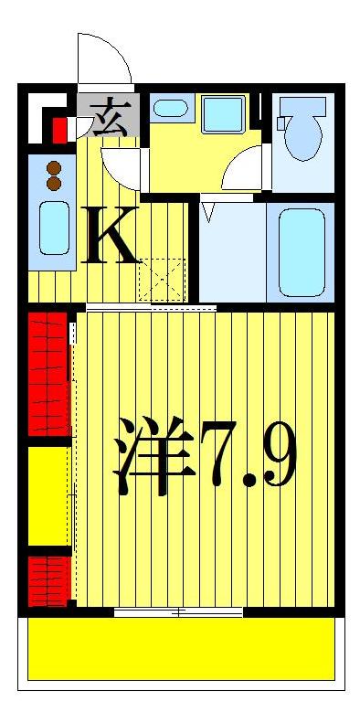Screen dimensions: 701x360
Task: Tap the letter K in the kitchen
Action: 111,235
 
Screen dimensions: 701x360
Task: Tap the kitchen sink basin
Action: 53,228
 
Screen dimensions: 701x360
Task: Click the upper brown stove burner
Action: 53,168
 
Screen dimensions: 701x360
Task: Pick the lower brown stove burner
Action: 53,183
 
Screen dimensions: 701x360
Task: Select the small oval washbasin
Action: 169,109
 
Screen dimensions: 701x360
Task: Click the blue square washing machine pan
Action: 223,115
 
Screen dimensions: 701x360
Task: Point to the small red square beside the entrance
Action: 60,129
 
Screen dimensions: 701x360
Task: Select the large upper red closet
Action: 48,374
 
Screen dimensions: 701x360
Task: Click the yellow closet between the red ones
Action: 48,495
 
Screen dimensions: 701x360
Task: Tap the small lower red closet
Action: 48,579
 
